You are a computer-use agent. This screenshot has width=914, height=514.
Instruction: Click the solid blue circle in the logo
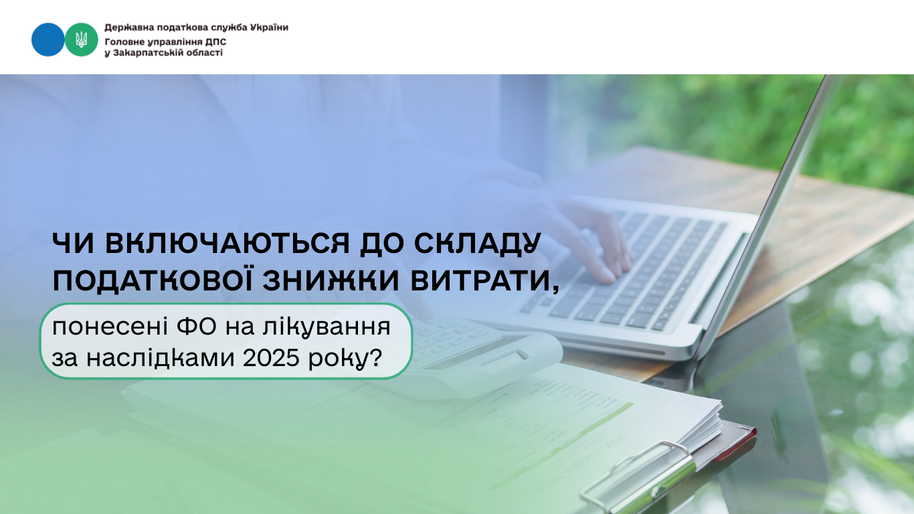(x=48, y=39)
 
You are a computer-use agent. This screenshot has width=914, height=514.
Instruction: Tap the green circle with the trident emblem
(x=81, y=39)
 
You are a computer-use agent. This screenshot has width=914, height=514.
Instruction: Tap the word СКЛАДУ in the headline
(x=477, y=244)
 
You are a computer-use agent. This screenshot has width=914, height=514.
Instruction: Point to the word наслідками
(x=161, y=358)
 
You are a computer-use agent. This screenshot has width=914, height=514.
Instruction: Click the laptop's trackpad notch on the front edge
(x=636, y=352)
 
